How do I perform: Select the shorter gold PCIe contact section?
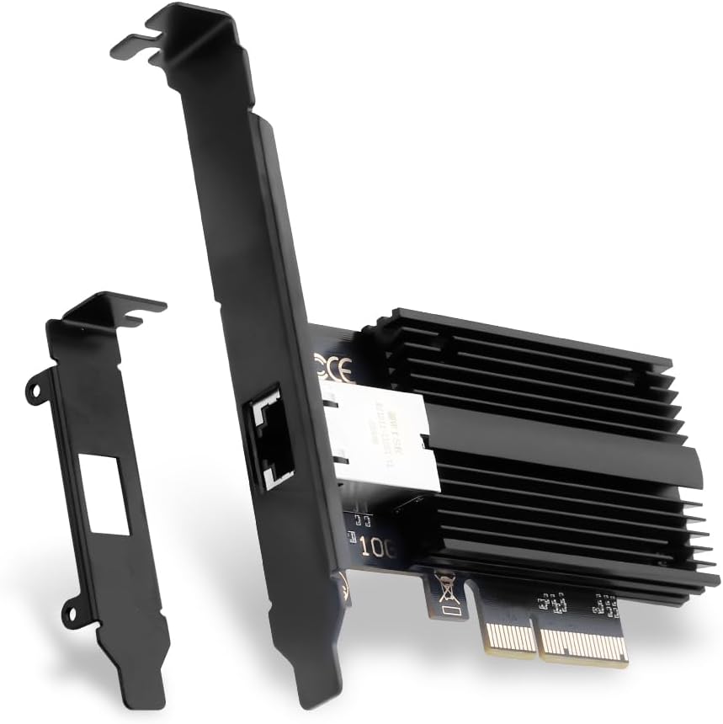[x=508, y=632]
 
